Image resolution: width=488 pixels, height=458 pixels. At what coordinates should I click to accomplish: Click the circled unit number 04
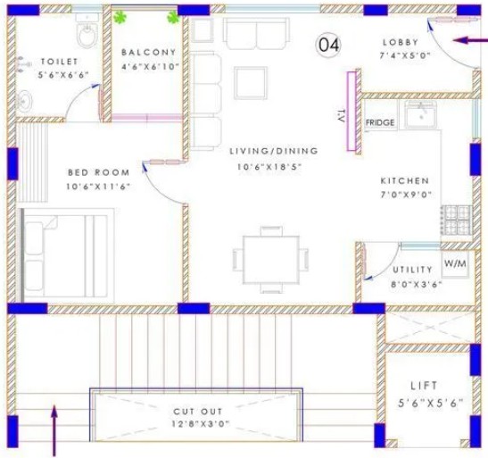point(328,46)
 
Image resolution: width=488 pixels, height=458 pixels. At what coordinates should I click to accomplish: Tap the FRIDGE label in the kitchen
point(380,122)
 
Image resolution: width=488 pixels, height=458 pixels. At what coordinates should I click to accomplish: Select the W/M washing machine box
point(455,264)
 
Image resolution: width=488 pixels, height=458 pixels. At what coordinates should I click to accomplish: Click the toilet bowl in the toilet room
point(87,34)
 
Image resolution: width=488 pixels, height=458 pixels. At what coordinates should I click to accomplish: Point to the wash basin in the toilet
point(24,100)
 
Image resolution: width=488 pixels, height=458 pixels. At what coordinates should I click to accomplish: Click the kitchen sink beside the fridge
point(420,114)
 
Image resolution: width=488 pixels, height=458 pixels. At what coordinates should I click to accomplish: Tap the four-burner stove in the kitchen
point(457,221)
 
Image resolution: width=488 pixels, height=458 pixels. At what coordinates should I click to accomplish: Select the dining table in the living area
point(271,260)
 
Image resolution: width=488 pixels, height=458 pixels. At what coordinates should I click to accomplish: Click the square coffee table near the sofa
point(251,83)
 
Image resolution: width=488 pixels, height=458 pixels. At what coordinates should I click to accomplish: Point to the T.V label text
point(341,116)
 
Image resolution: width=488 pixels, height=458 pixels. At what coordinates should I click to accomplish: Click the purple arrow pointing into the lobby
point(470,40)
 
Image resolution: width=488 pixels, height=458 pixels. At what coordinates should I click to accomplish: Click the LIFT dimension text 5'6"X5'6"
point(430,404)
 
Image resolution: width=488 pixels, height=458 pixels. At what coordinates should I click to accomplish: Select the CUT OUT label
point(198,412)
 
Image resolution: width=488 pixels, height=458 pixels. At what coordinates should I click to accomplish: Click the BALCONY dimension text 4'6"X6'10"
point(150,66)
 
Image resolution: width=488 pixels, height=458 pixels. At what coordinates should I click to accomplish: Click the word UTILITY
point(412,270)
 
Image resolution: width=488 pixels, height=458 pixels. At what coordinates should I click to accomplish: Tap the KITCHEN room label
point(405,180)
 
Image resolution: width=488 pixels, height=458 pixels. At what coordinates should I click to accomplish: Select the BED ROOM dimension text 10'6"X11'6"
point(98,187)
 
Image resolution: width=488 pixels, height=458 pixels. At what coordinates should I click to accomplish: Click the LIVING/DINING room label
point(274,151)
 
